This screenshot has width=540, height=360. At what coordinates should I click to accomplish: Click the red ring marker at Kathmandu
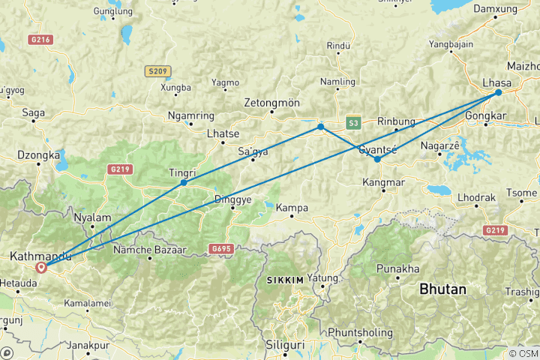pyautogui.click(x=41, y=266)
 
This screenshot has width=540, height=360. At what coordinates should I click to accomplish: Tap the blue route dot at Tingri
pyautogui.click(x=184, y=182)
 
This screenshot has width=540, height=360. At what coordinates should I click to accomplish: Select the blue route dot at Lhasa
pyautogui.click(x=498, y=93)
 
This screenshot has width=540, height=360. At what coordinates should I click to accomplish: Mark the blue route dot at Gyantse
pyautogui.click(x=377, y=159)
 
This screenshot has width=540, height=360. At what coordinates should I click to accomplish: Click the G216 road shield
pyautogui.click(x=41, y=39)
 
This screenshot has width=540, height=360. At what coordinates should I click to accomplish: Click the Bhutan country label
pyautogui.click(x=442, y=288)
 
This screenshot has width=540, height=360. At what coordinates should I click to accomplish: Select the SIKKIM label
pyautogui.click(x=285, y=280)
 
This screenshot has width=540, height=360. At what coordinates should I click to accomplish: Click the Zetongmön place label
pyautogui.click(x=271, y=103)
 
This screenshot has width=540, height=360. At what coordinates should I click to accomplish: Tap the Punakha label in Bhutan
pyautogui.click(x=397, y=268)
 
